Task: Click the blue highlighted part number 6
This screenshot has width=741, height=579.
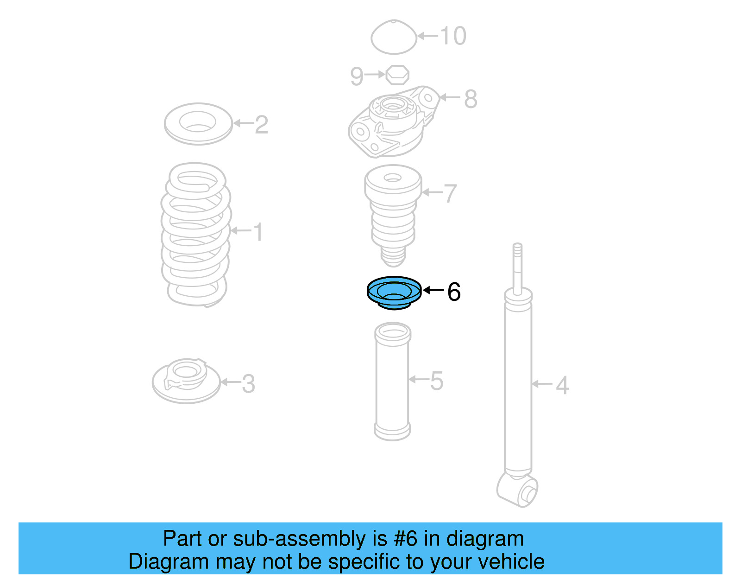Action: tap(394, 293)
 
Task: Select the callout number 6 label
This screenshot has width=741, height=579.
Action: tap(454, 292)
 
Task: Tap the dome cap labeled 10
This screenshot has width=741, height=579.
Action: tap(394, 37)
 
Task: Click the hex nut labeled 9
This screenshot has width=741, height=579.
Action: tap(397, 75)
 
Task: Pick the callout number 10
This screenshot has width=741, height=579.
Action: tap(452, 36)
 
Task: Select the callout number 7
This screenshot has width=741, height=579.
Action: tap(450, 193)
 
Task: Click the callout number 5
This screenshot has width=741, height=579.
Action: tap(436, 381)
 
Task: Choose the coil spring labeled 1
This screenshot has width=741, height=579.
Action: tap(195, 234)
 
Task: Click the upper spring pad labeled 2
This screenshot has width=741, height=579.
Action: tap(198, 123)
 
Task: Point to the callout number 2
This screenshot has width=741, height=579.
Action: tap(261, 124)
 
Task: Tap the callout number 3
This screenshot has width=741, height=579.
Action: tap(248, 383)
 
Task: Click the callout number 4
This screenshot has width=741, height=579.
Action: tap(562, 385)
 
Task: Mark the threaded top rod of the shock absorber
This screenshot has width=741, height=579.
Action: tap(518, 264)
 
